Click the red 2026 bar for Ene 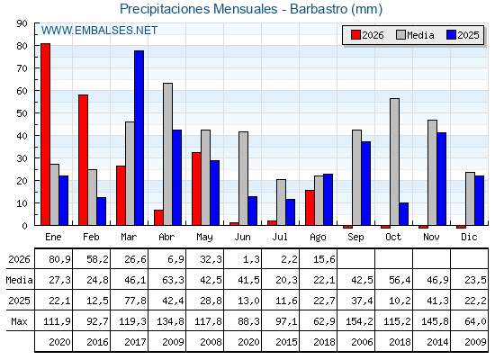[x=45, y=134]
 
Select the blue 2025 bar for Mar [x=139, y=138]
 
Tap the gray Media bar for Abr [x=167, y=154]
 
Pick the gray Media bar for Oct [x=395, y=162]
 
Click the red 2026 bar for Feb [x=83, y=160]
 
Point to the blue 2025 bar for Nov [x=442, y=179]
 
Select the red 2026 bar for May [x=197, y=189]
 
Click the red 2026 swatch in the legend [x=355, y=35]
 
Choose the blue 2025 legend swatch [x=451, y=35]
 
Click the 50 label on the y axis [x=22, y=113]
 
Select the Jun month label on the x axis [x=242, y=238]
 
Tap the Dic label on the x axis [x=469, y=238]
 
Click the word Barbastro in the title [x=319, y=9]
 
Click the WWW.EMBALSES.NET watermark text [x=100, y=31]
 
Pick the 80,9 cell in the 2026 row [x=60, y=259]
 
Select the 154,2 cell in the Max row [x=360, y=321]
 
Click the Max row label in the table [x=19, y=321]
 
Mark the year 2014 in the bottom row [x=437, y=342]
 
